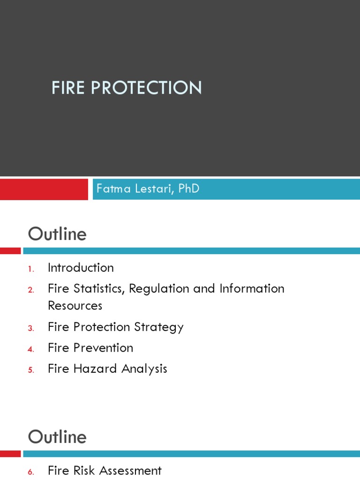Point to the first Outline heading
(x=57, y=234)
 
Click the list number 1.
(x=31, y=269)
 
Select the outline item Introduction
(x=81, y=268)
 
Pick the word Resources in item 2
(x=75, y=306)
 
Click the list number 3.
(x=31, y=328)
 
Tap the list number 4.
(x=31, y=349)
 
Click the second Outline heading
(x=57, y=437)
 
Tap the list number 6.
(x=31, y=472)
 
